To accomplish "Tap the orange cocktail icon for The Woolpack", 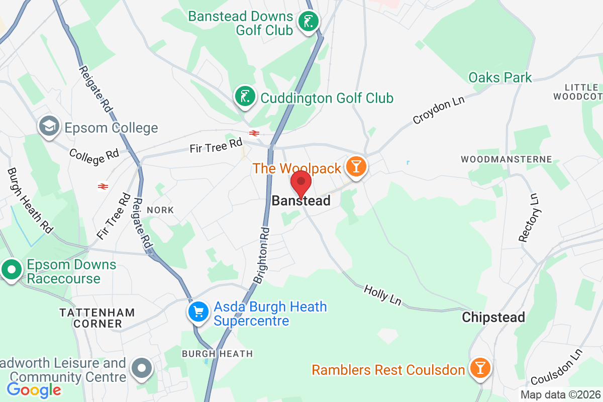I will point(356,167).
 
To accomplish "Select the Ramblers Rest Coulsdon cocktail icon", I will point(480,369).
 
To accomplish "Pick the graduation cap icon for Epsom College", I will point(49,127).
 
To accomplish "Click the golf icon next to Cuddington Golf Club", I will point(245,97).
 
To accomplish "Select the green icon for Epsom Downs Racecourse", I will point(11,270).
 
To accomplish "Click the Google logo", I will point(34,389).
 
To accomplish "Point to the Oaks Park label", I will point(500,77).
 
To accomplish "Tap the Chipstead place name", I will point(493,317).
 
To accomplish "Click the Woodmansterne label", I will point(507,159).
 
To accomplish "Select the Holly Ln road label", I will point(382,294).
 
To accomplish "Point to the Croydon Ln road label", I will point(439,109).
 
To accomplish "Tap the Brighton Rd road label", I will point(262,256).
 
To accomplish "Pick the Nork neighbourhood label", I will point(160,210).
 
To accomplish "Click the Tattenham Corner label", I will point(97,318).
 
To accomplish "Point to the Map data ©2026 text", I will point(560,395).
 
